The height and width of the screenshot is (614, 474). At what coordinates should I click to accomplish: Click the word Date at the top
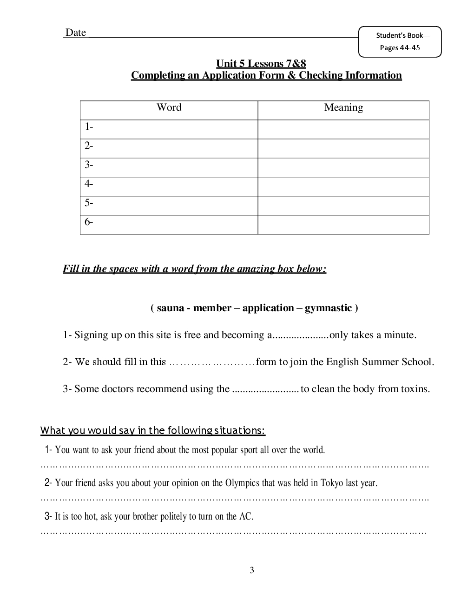tap(75, 33)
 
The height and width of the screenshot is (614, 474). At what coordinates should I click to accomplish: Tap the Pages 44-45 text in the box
tap(400, 47)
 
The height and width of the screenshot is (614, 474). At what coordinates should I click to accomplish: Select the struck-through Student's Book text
tap(400, 35)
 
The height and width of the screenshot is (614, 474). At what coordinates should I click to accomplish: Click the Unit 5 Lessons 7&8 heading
tap(261, 64)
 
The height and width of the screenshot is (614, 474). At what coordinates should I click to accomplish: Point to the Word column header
tap(169, 107)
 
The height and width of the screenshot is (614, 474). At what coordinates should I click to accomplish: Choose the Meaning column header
tap(343, 107)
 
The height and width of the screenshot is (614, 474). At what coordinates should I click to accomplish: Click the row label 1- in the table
tap(89, 127)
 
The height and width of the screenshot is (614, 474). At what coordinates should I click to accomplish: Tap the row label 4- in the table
tap(89, 184)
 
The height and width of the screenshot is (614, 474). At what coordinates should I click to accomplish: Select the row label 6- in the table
tap(89, 222)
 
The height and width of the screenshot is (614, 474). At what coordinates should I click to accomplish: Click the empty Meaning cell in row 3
tap(343, 167)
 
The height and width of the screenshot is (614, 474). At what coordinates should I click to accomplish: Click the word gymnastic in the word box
tap(328, 308)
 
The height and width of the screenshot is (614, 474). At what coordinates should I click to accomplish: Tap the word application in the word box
tap(268, 308)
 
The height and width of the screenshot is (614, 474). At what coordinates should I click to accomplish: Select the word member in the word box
tap(212, 308)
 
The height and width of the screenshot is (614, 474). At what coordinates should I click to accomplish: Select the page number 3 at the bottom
tap(252, 570)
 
